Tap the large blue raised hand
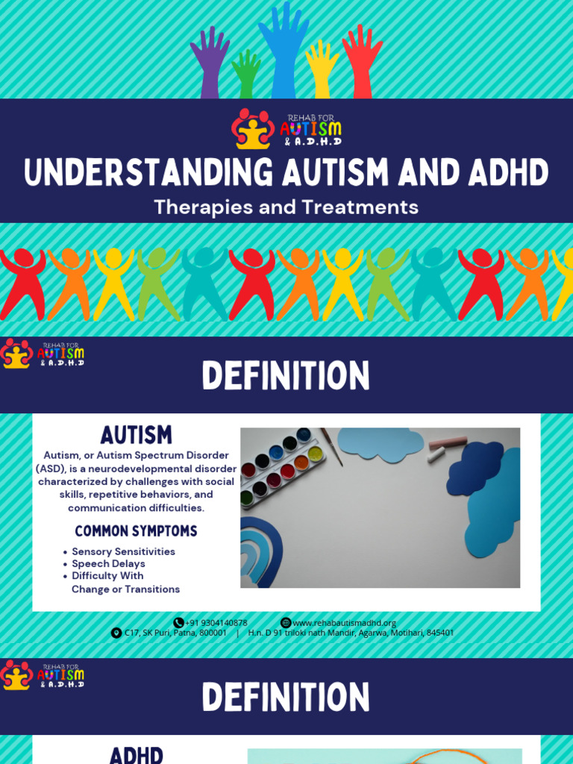283,48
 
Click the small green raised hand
245,75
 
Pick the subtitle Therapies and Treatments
286,207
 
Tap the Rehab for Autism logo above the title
286,129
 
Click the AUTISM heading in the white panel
136,435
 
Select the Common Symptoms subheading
136,531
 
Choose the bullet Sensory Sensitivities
123,551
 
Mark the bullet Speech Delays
108,564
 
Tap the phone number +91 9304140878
216,623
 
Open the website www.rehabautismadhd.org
344,623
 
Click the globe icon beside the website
286,623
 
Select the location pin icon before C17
116,633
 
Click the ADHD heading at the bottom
136,754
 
